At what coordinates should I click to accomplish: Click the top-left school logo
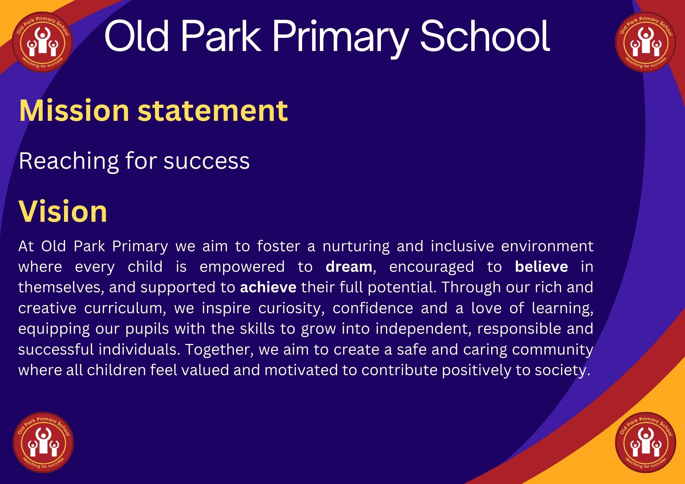[42, 42]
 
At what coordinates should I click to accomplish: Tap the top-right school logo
[646, 42]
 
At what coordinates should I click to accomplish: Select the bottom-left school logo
[43, 442]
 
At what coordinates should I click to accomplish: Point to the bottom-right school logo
[646, 442]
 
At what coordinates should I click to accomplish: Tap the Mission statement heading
[153, 110]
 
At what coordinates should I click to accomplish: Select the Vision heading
[63, 211]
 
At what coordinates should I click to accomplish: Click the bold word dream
[349, 267]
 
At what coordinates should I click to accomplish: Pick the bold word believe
[541, 267]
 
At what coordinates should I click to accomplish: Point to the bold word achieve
[268, 287]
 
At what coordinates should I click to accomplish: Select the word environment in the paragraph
[547, 246]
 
